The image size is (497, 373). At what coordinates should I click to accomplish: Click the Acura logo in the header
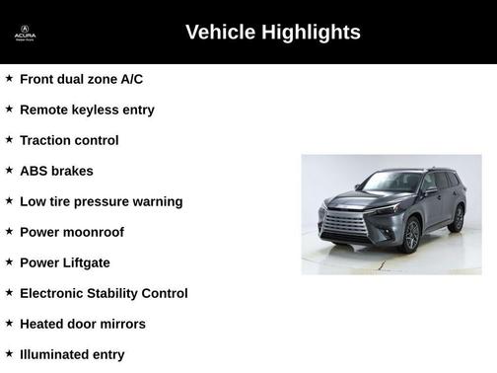click(25, 33)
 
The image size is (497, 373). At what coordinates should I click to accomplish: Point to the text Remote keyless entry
click(87, 110)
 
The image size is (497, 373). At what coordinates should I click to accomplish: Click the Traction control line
click(69, 140)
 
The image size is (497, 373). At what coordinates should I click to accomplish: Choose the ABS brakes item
click(56, 171)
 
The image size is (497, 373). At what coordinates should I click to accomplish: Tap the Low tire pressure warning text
click(101, 201)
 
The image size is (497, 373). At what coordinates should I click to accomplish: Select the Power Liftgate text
click(65, 262)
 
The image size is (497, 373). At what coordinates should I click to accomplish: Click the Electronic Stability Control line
click(104, 293)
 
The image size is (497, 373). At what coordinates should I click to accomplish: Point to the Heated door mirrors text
click(83, 324)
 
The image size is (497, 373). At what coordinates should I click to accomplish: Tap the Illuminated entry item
click(72, 354)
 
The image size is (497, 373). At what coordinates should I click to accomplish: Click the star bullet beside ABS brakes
click(9, 170)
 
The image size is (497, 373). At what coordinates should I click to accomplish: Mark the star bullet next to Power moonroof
click(9, 231)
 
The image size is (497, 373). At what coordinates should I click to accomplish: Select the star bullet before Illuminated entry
click(9, 353)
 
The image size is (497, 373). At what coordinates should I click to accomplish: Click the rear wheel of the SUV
click(456, 219)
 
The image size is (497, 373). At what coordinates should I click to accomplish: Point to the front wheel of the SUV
click(411, 236)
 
